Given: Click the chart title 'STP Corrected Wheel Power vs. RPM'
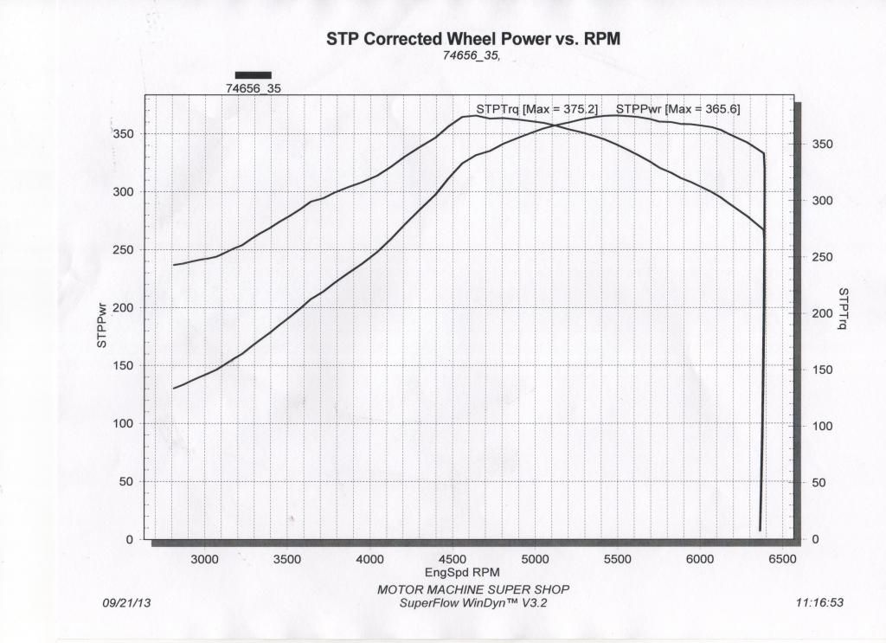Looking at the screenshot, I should [473, 39].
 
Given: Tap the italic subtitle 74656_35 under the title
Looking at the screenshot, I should [472, 56].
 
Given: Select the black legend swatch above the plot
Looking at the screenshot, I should [253, 75].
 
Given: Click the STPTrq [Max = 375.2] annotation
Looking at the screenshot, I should [536, 109].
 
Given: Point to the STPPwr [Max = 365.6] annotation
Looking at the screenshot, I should [677, 109].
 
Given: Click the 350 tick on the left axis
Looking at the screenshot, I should [123, 134].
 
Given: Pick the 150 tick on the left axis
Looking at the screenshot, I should [123, 366].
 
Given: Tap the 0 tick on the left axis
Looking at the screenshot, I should [129, 540].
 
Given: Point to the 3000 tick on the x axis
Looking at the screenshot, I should [205, 560].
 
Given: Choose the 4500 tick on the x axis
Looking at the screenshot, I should [453, 560].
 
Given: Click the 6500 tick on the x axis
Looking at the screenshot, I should [782, 560].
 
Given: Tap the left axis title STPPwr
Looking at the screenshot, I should [102, 325].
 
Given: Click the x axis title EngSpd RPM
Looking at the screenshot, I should [462, 573].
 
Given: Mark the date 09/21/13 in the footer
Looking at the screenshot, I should [126, 603].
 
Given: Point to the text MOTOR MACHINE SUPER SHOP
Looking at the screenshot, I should [473, 589].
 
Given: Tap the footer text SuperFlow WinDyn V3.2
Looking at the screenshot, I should [473, 603].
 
